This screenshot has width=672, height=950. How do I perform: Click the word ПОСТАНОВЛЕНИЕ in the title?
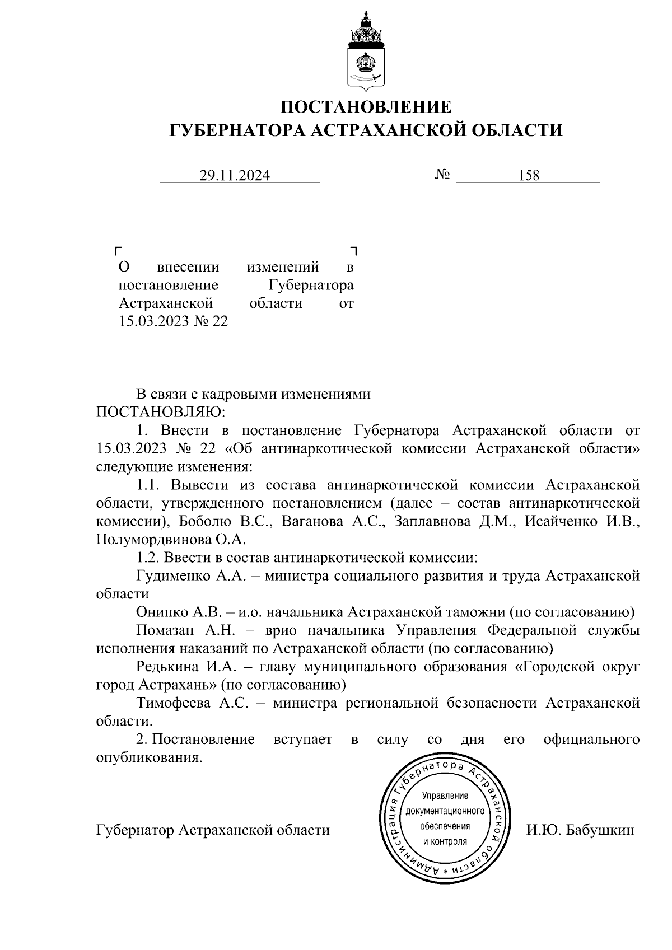pos(365,106)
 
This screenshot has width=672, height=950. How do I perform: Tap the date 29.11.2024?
pos(235,176)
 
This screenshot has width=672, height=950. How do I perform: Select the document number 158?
pos(529,176)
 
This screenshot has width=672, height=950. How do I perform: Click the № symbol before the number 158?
pos(442,175)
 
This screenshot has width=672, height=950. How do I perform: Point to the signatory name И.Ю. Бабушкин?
pos(580,830)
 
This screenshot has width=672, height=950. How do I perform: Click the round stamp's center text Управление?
pos(445,795)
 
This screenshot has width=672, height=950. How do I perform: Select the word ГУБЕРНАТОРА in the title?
pos(237,130)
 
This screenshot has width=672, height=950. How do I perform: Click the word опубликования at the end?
pos(148,758)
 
